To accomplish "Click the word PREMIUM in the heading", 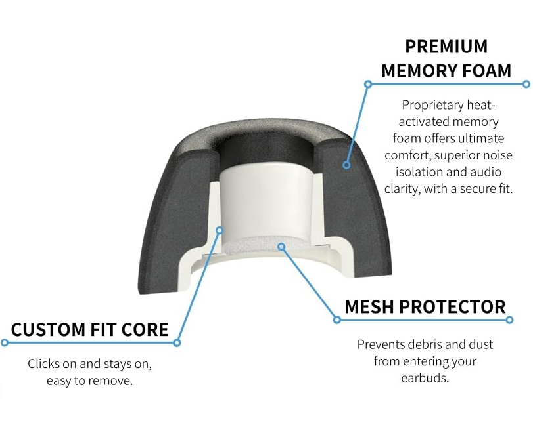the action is pyautogui.click(x=446, y=47).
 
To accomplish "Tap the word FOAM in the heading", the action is pyautogui.click(x=487, y=71).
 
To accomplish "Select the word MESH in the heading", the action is pyautogui.click(x=369, y=307).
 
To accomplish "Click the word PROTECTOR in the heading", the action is pyautogui.click(x=452, y=307).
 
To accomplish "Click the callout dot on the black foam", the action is pyautogui.click(x=346, y=165).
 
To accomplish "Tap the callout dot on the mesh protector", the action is pyautogui.click(x=281, y=247).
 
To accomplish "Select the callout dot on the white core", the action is pyautogui.click(x=220, y=230).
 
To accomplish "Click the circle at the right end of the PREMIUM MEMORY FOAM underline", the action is pyautogui.click(x=526, y=84).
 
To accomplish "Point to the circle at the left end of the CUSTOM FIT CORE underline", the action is pyautogui.click(x=4, y=342).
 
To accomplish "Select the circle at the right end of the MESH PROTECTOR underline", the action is pyautogui.click(x=509, y=320).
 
